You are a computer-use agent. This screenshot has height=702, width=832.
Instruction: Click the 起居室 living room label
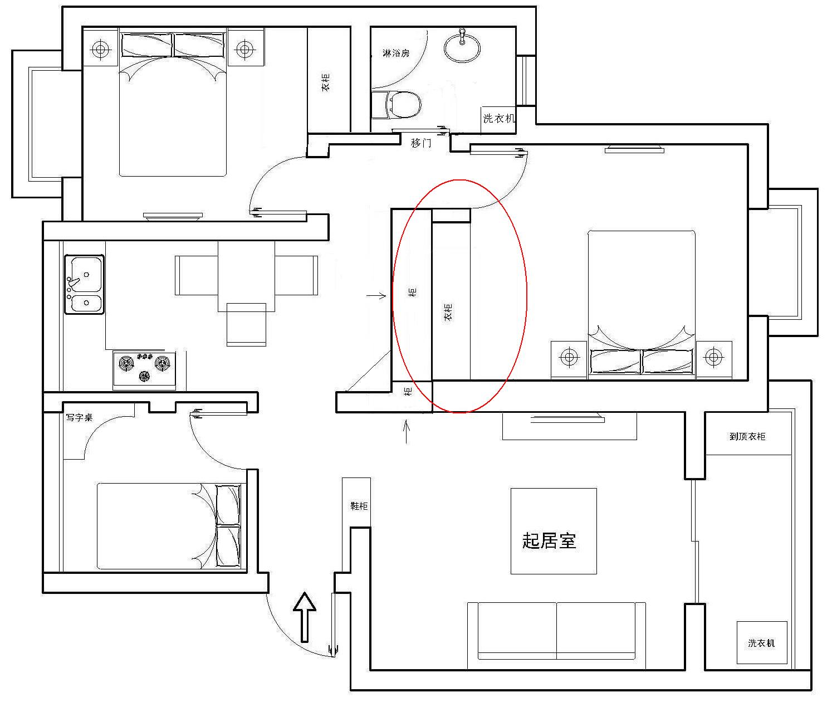[x=549, y=541]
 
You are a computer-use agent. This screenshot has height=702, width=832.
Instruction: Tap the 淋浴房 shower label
[x=396, y=53]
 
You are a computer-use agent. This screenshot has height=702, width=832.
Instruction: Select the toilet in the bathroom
[x=396, y=104]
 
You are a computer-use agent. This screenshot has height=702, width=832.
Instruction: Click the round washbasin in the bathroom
[x=462, y=47]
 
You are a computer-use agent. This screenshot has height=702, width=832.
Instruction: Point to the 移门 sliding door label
[x=421, y=142]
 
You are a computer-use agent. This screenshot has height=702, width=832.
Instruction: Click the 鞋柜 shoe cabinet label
[x=359, y=506]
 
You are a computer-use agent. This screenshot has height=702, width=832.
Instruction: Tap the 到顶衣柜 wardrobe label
[x=747, y=436]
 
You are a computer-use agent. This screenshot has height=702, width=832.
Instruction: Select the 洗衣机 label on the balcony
[x=761, y=643]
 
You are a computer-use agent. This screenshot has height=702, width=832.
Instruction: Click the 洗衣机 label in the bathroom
[x=498, y=119]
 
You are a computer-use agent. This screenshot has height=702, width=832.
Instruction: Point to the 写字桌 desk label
[x=79, y=417]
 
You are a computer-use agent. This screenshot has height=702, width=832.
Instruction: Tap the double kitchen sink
[x=85, y=284]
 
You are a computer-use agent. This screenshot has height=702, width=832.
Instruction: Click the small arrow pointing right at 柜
[x=376, y=295]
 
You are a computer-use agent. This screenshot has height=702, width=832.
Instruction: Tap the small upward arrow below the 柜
[x=407, y=431]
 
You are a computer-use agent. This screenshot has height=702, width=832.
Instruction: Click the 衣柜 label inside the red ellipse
[x=448, y=312]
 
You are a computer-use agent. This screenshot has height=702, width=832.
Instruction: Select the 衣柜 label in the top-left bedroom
[x=326, y=82]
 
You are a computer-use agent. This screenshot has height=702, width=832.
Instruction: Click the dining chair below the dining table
[x=246, y=324]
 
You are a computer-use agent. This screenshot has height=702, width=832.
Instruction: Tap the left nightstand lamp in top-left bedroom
[x=100, y=49]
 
